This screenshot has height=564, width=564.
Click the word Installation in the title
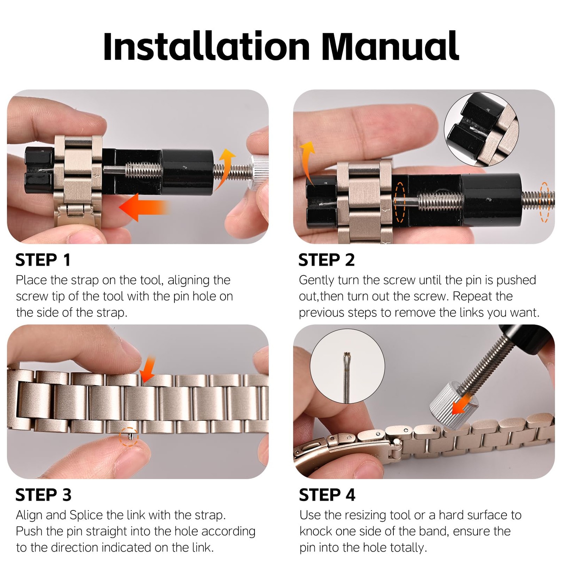(x=207, y=47)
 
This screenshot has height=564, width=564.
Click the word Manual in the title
(x=390, y=47)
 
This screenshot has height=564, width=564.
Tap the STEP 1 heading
(x=43, y=260)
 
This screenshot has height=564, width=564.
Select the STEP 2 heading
(x=326, y=260)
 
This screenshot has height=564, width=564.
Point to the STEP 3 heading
(x=43, y=495)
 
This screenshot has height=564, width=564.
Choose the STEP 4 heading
(x=327, y=495)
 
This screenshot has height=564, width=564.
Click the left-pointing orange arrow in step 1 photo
(x=145, y=207)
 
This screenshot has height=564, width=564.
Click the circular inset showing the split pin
(x=347, y=367)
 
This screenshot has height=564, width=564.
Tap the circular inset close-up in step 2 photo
(x=481, y=129)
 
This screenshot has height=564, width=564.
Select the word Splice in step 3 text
(x=86, y=515)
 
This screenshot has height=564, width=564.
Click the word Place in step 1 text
(x=31, y=280)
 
